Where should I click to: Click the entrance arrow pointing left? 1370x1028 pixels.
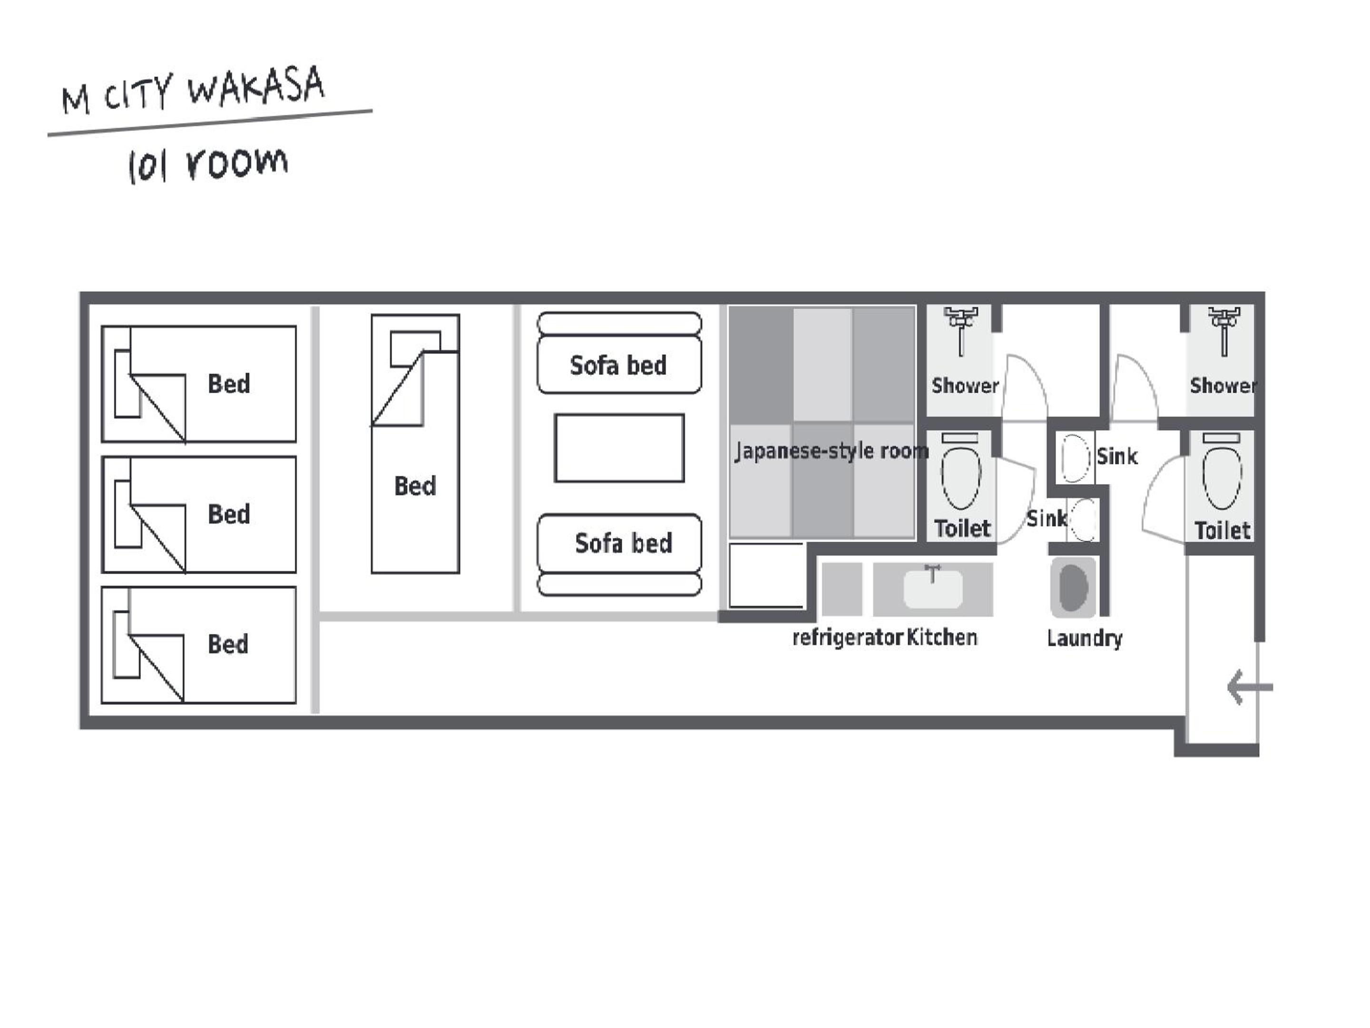click(1250, 687)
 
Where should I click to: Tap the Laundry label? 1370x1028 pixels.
click(1085, 638)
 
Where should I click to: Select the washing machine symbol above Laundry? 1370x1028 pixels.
click(1073, 587)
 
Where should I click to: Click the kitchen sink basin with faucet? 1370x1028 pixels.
click(933, 587)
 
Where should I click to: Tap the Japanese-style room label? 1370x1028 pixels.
click(832, 451)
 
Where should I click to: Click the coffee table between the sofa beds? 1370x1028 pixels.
click(619, 448)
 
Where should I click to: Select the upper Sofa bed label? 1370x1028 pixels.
click(618, 366)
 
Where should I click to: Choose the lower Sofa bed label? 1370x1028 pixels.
click(623, 544)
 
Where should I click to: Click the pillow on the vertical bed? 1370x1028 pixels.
click(415, 349)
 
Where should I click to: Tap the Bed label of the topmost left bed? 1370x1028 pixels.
click(229, 384)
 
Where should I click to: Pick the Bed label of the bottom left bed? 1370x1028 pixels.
click(228, 644)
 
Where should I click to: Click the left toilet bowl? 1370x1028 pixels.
click(960, 477)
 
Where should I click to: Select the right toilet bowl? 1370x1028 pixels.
click(1222, 477)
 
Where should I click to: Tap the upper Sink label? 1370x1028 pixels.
click(1117, 457)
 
